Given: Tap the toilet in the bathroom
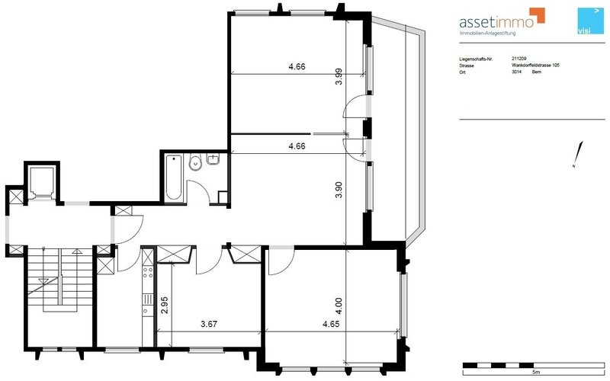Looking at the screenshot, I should click(195, 162).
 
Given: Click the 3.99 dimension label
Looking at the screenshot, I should click(339, 78).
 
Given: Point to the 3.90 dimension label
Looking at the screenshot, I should click(339, 190).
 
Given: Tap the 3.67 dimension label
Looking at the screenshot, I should click(209, 324).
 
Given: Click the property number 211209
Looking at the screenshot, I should click(519, 57).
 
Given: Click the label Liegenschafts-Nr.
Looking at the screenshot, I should click(477, 57).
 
